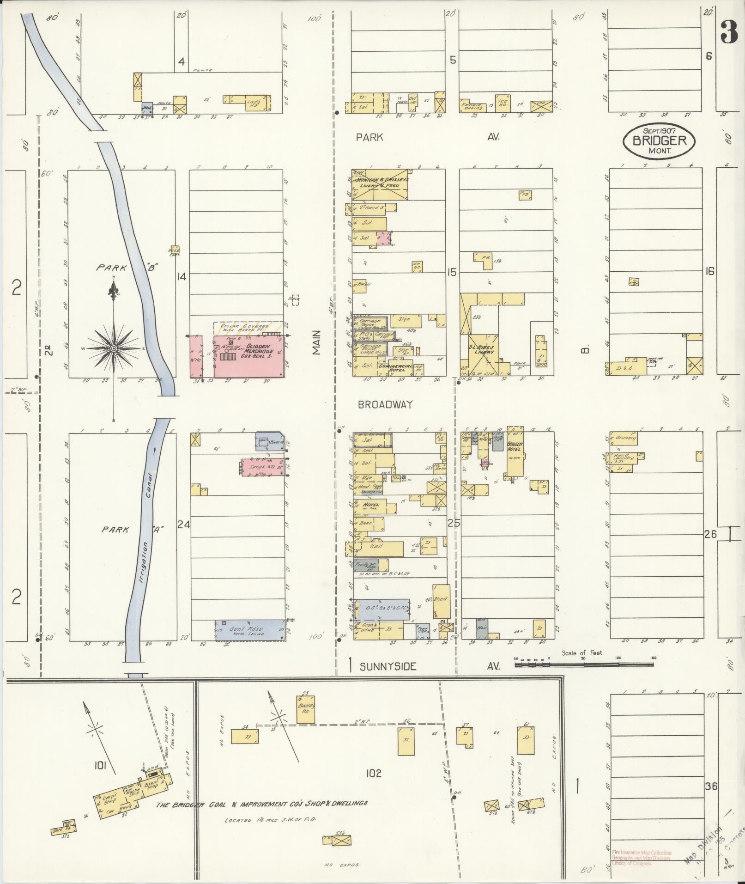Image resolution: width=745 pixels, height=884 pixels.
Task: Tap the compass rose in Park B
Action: pyautogui.click(x=113, y=348)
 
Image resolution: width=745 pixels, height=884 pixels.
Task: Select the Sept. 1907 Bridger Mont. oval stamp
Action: pyautogui.click(x=659, y=140)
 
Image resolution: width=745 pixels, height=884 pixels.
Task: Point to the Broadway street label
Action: pyautogui.click(x=385, y=405)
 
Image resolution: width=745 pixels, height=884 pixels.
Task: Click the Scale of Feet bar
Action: pyautogui.click(x=584, y=665)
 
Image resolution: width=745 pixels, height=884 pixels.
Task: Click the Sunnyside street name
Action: pyautogui.click(x=388, y=666)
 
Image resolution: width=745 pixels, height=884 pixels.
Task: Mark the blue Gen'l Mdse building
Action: pyautogui.click(x=250, y=629)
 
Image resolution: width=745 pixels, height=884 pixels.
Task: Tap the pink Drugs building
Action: pyautogui.click(x=262, y=467)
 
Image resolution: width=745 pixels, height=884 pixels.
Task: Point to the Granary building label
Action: pyautogui.click(x=626, y=438)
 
